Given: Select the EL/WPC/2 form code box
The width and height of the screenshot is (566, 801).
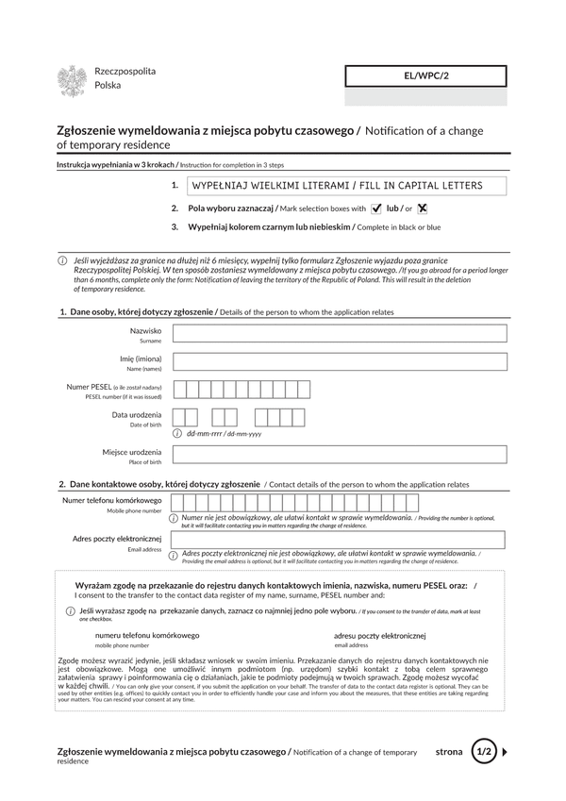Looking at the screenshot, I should click(424, 75).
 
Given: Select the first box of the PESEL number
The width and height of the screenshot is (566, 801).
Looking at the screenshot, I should click(179, 389).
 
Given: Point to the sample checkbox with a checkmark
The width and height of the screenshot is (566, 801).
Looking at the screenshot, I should click(376, 209).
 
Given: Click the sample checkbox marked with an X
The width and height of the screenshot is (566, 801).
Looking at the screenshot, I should click(423, 209).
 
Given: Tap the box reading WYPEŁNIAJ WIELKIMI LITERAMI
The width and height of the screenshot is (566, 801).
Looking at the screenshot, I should click(345, 186).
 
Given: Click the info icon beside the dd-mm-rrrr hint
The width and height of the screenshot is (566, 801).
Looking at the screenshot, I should click(177, 433).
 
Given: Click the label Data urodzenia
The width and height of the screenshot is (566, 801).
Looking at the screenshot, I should click(136, 415).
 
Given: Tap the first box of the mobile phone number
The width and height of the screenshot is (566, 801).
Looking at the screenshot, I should click(176, 502).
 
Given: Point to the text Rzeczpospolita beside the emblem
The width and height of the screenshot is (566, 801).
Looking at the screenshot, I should click(125, 72).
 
